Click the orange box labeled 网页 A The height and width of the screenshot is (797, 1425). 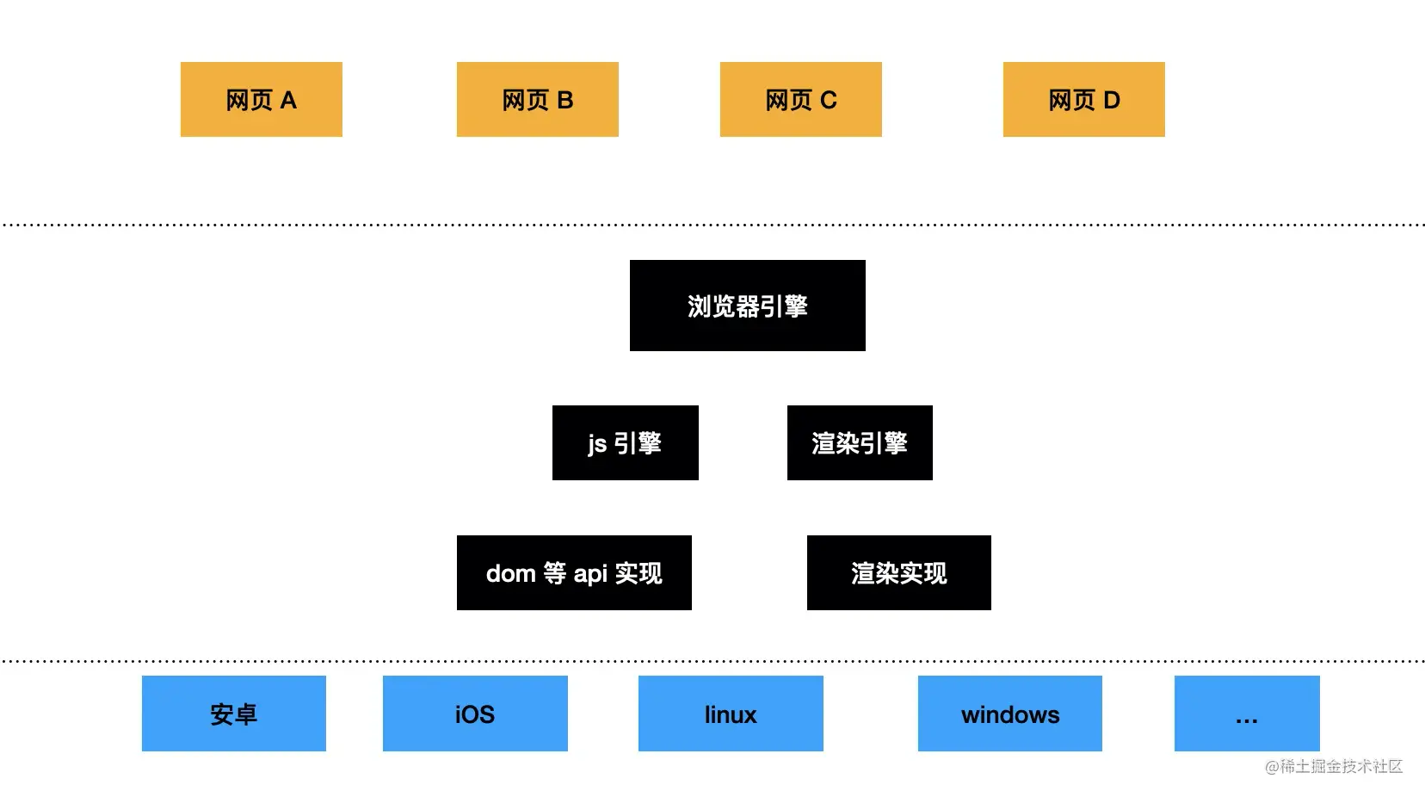pos(261,99)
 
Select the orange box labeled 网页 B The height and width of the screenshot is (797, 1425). pos(537,99)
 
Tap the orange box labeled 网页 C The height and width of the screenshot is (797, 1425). pos(800,99)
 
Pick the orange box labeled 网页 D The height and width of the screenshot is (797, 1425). pos(1083,99)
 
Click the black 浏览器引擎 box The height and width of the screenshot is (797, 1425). pos(747,306)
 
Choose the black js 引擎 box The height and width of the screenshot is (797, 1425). pos(625,442)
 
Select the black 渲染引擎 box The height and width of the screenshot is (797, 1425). pos(860,442)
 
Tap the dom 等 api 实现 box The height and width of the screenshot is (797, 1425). pos(574,572)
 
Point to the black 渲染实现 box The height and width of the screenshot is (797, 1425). pos(898,572)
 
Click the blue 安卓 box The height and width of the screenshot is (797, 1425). pos(233,714)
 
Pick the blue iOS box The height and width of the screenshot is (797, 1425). pos(475,714)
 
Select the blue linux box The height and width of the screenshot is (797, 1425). pos(731,714)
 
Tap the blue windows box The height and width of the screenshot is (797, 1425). pos(1009,714)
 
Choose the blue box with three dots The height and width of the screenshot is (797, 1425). pos(1246,714)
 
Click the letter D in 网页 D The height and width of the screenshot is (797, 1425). pos(1112,100)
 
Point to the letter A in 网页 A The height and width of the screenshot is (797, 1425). pos(288,100)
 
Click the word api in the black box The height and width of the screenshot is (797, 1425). pos(590,573)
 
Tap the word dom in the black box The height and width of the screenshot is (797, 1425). pos(510,573)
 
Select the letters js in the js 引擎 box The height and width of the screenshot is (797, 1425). pos(597,444)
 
